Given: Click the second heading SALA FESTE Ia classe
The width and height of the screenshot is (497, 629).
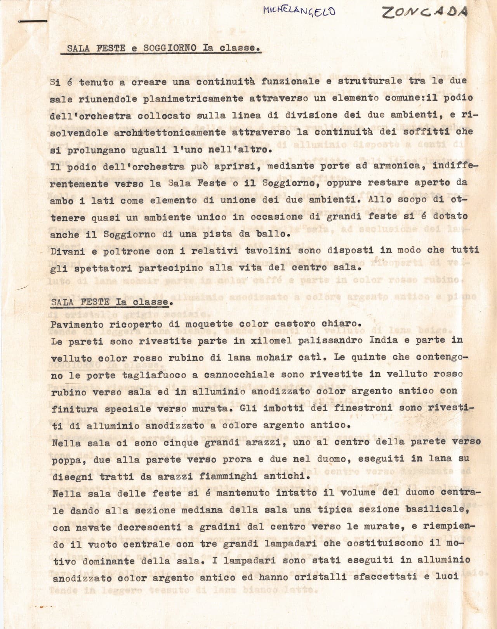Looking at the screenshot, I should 110,302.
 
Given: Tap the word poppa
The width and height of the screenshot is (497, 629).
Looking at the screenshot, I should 64,459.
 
